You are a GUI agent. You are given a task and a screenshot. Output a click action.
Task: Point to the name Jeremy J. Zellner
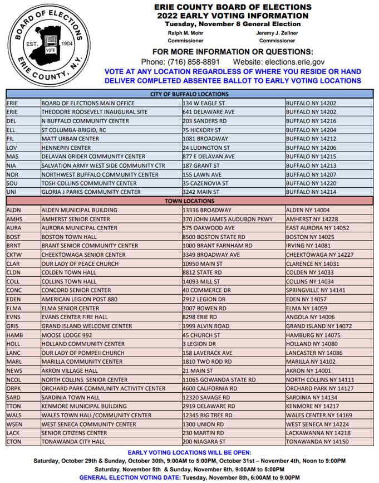point(277,33)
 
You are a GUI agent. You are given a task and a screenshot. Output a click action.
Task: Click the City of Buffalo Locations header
point(190,94)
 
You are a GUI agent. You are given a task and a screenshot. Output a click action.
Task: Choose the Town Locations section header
point(190,201)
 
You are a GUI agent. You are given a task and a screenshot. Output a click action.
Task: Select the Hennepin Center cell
point(66,148)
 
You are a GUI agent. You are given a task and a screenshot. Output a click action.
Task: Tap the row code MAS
point(13,157)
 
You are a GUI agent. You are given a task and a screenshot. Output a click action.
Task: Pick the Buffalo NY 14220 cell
point(311,183)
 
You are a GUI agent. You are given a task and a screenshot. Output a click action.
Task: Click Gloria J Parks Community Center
point(91,192)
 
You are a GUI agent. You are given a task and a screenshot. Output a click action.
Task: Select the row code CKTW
point(14,255)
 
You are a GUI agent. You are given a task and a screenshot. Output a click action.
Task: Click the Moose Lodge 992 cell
point(67,335)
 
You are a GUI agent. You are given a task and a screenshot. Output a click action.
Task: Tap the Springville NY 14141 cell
point(316,290)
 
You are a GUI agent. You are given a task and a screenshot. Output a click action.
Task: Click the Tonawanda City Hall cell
point(73,442)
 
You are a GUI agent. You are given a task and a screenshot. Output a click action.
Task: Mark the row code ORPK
point(14,388)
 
